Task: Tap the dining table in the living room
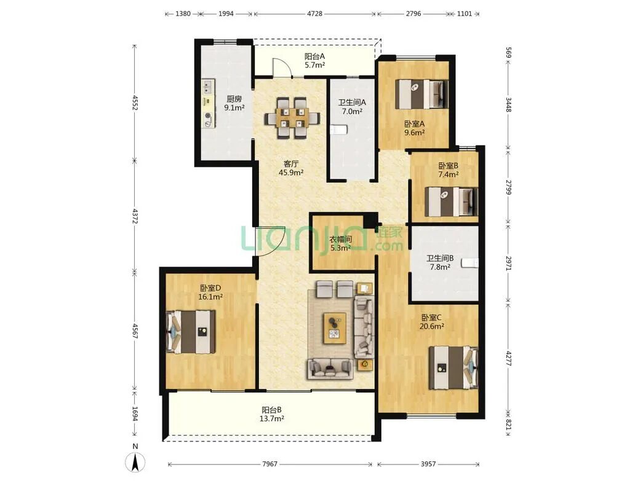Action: [x=292, y=118]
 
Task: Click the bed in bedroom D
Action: [x=191, y=332]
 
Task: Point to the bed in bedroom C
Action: [x=453, y=367]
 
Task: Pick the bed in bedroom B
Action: [x=451, y=201]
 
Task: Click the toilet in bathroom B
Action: [x=469, y=263]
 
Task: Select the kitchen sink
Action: [x=207, y=87]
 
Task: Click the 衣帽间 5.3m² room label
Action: [x=340, y=243]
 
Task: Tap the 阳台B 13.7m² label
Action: [x=271, y=414]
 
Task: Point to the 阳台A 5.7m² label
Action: [x=314, y=60]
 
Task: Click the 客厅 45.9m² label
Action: [x=291, y=168]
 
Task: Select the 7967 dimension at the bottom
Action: [x=270, y=464]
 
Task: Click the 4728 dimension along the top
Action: [x=314, y=14]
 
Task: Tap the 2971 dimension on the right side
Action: [x=508, y=263]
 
